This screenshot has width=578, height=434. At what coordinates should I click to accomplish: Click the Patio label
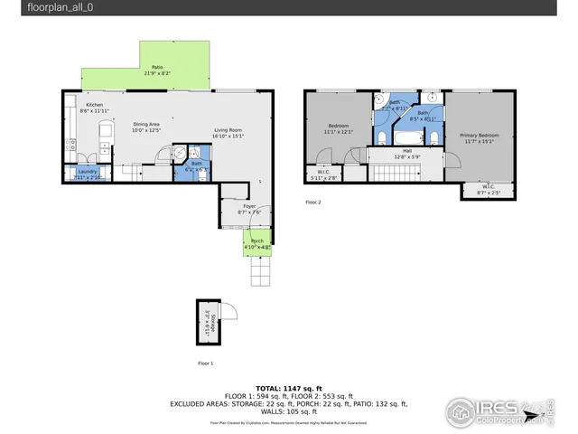157,68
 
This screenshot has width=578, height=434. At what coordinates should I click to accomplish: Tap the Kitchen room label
95,105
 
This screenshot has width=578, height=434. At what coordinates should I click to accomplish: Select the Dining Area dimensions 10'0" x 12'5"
145,130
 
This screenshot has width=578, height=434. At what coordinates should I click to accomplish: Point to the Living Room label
228,130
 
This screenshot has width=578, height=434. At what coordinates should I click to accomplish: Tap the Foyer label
249,206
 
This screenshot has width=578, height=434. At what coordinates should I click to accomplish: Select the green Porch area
256,241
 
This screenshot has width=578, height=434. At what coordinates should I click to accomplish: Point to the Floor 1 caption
206,363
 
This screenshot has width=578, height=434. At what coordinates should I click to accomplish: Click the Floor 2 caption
313,202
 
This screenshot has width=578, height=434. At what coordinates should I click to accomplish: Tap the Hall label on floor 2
407,151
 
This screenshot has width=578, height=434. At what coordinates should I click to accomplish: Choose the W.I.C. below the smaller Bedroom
322,175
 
